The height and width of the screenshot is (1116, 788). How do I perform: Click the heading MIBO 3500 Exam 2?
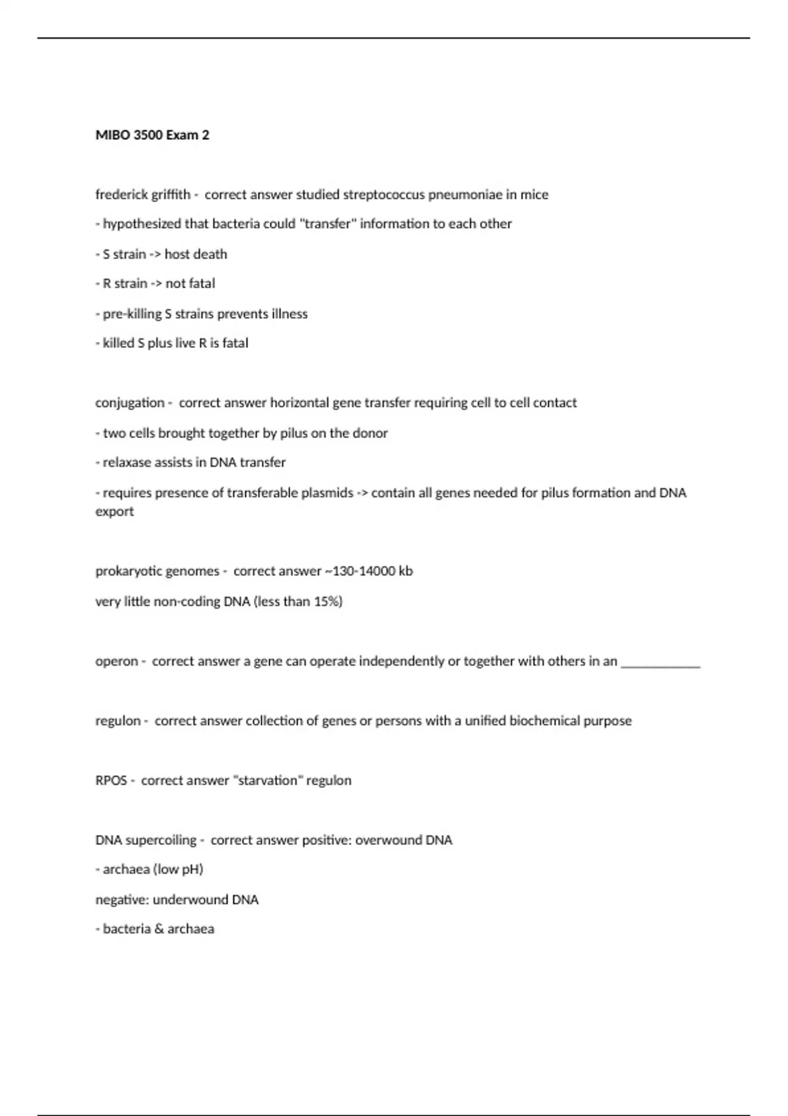[152, 135]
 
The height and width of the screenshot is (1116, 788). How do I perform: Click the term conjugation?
[129, 403]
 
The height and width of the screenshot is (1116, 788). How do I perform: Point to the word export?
[114, 512]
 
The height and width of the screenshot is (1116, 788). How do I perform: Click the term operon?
[116, 662]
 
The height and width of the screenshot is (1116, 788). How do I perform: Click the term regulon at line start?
[118, 721]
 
